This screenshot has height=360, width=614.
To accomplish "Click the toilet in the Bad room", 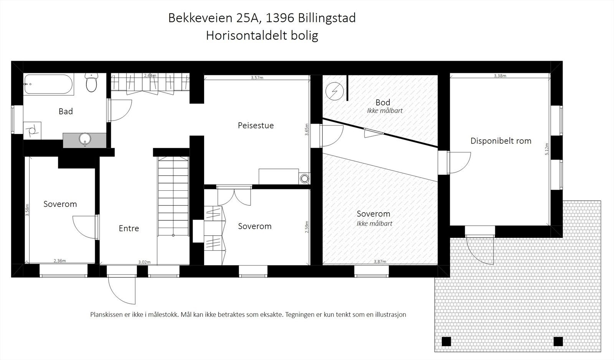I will click(91, 83).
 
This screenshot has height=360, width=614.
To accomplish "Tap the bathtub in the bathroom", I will click(49, 84).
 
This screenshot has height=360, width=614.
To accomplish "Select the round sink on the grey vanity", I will click(84, 139).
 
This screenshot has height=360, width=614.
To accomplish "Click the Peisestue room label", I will click(256, 126).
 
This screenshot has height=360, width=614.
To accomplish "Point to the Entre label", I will click(129, 228).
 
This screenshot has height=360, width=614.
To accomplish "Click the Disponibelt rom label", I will click(501, 141).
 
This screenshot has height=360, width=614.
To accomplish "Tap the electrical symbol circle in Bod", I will click(333, 92).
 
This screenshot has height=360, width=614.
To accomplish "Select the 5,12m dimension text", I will click(547, 149).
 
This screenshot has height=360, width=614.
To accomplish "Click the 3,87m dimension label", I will click(380, 262).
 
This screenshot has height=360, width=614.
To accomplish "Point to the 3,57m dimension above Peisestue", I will click(257, 78).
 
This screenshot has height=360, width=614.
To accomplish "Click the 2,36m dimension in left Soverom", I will click(59, 261).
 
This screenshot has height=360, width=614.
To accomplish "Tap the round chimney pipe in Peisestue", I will click(304, 178).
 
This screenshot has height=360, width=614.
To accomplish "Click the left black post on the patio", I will click(446, 341).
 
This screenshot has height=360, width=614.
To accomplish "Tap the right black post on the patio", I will click(558, 341).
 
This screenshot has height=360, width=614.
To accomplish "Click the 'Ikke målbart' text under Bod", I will click(385, 111).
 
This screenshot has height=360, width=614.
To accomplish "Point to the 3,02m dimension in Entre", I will click(144, 263).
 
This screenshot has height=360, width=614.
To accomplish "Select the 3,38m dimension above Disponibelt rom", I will click(500, 76).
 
